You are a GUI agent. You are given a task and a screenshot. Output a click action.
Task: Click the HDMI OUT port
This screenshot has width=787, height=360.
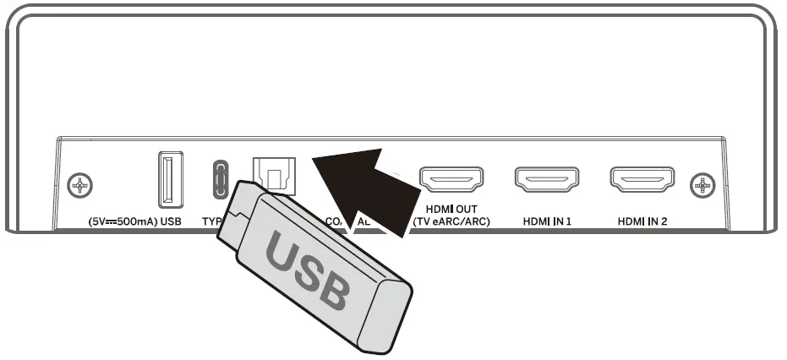[x=451, y=179]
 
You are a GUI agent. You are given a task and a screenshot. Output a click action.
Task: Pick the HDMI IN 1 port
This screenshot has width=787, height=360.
[x=547, y=179]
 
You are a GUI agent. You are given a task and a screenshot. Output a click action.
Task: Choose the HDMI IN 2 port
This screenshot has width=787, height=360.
[x=642, y=179]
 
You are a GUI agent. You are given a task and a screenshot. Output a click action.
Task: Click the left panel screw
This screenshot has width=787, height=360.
[x=79, y=183]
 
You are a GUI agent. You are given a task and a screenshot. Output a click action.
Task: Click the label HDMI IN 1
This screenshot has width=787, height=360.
[x=547, y=221]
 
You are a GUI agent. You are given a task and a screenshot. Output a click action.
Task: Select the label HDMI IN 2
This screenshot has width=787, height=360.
[x=642, y=221]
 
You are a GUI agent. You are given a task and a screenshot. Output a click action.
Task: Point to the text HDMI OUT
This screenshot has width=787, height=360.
[x=451, y=210]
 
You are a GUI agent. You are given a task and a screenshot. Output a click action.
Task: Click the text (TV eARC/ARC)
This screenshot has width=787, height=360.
[x=451, y=222]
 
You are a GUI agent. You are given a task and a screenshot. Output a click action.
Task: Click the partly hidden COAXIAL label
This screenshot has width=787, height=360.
[x=347, y=221]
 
